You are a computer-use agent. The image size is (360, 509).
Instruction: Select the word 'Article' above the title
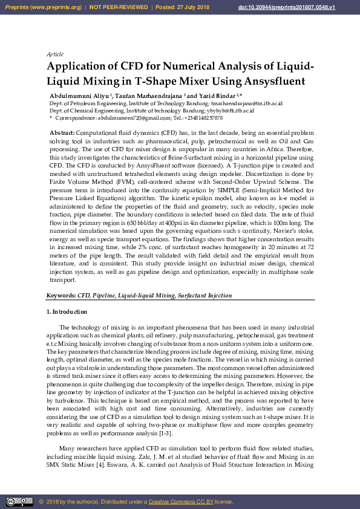(55, 54)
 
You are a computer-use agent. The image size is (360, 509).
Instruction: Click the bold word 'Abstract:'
(62, 132)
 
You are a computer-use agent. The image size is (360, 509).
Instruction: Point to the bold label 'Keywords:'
(61, 296)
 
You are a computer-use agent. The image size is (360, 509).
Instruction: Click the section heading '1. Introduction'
(67, 312)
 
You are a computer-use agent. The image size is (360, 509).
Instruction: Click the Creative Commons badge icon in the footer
(19, 501)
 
